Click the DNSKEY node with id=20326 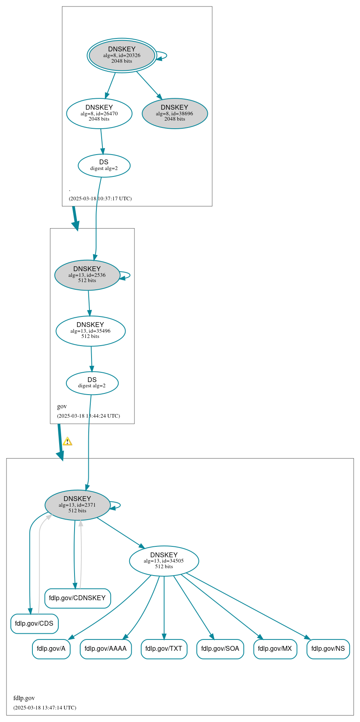(x=122, y=55)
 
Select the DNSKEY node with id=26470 (x=99, y=113)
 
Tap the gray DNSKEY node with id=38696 (x=175, y=113)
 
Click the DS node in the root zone (x=104, y=166)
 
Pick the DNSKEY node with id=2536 (x=87, y=275)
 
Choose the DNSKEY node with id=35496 (x=90, y=331)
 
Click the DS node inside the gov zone (x=92, y=383)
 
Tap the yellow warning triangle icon (x=67, y=441)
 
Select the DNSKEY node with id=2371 (x=77, y=505)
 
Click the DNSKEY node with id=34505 (x=164, y=561)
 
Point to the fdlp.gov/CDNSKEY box (x=77, y=598)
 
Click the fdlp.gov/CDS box (x=34, y=624)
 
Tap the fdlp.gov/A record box (x=51, y=649)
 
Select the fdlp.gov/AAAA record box (x=106, y=649)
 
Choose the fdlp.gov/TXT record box (x=164, y=649)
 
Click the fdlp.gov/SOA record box (x=220, y=649)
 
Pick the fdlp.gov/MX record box (x=275, y=649)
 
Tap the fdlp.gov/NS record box (x=328, y=649)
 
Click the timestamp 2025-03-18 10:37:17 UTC (x=100, y=199)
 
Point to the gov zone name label (x=62, y=406)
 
